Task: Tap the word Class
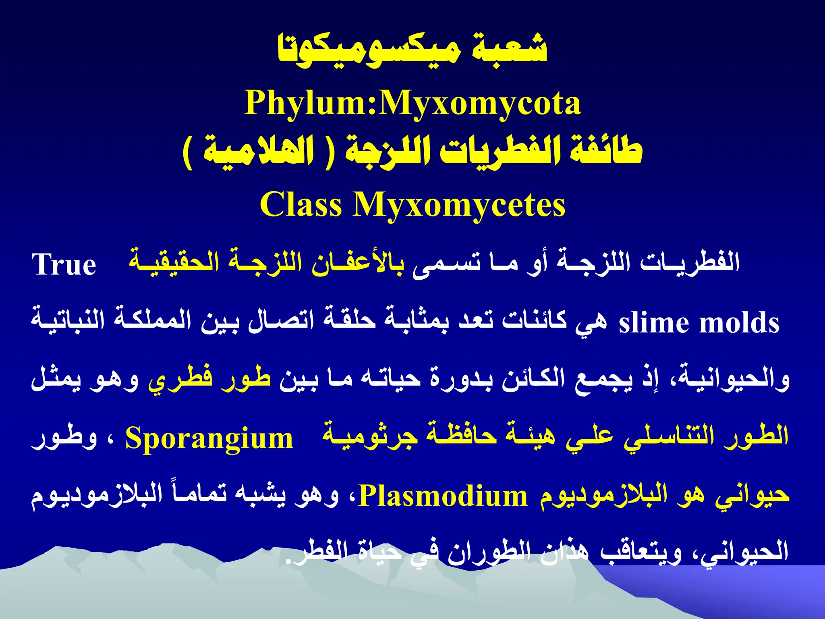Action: (301, 205)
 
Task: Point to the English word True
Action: (64, 265)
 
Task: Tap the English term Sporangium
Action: (209, 438)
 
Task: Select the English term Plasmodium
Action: (443, 496)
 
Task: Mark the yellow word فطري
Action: (180, 380)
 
